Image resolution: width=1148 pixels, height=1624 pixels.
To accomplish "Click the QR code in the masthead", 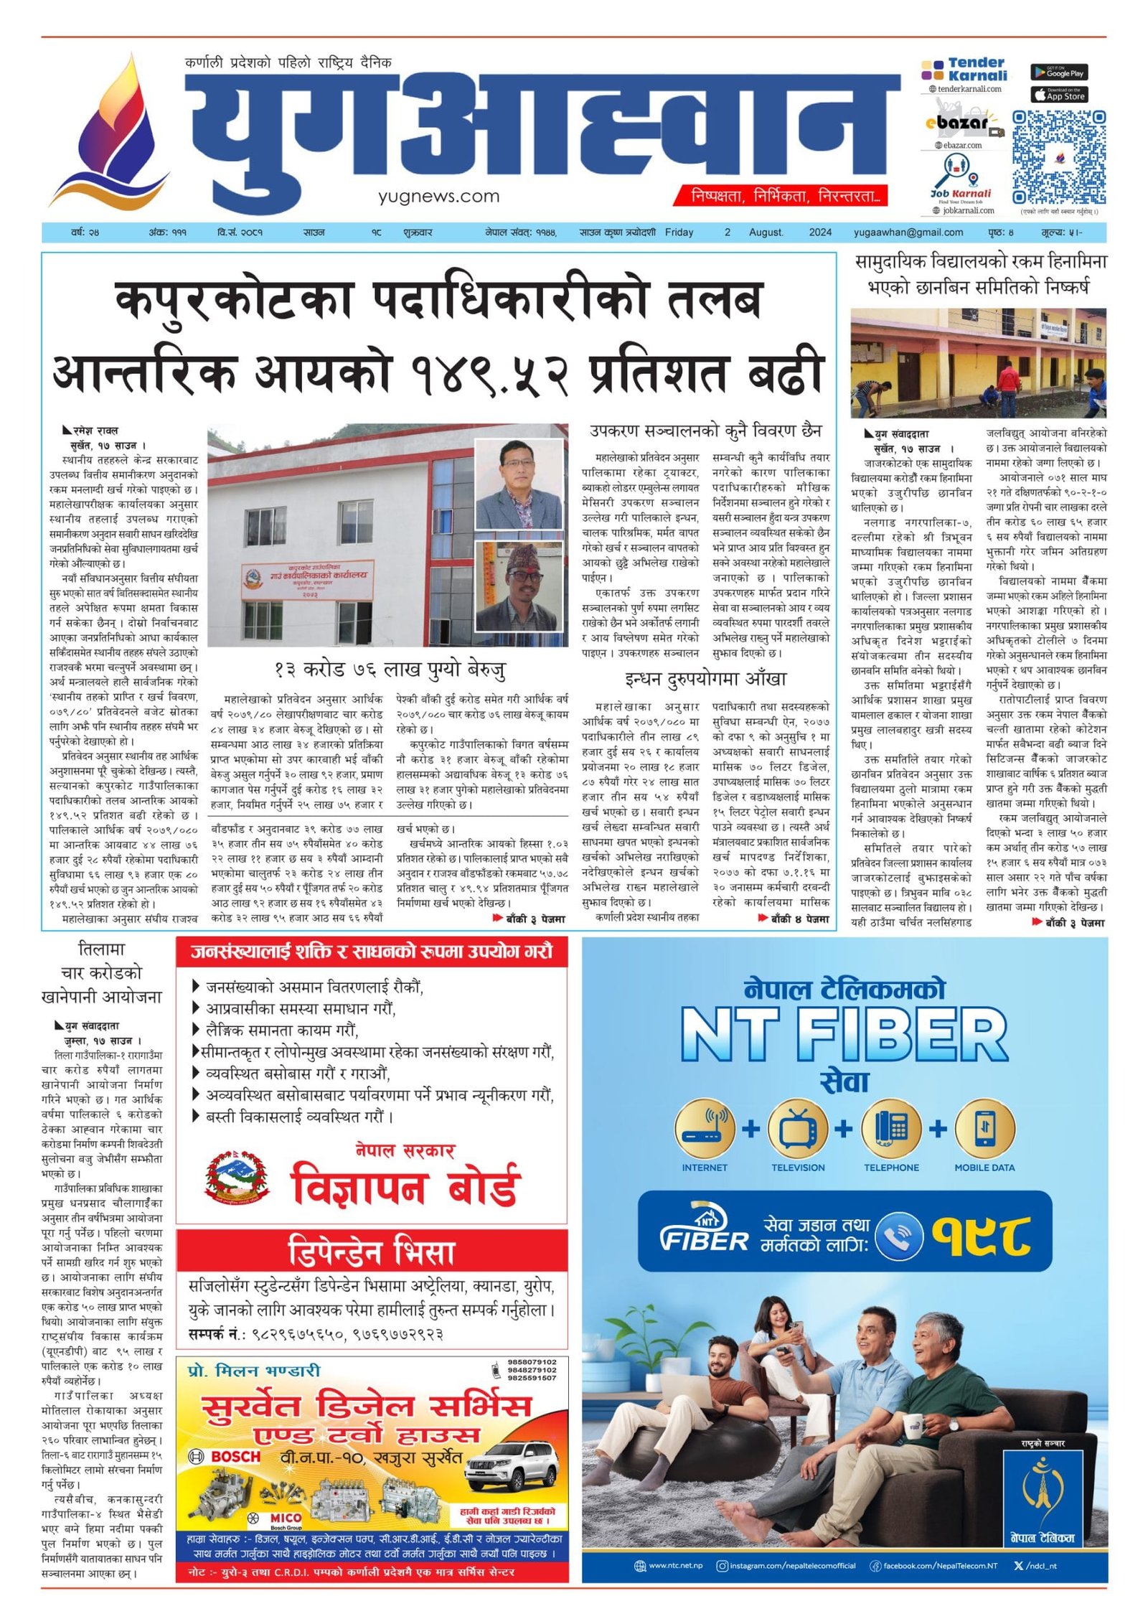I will point(1058,157).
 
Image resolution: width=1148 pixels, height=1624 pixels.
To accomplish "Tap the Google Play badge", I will point(1059,72).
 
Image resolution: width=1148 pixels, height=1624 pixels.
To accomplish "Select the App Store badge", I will point(1059,95).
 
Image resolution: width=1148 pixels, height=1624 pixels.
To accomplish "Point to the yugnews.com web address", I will point(438,196).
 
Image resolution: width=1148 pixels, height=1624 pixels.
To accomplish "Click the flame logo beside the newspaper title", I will point(111,133).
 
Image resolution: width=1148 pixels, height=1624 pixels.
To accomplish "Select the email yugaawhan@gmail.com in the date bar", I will point(908,233).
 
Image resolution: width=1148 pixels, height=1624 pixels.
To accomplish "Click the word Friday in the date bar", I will point(679,233).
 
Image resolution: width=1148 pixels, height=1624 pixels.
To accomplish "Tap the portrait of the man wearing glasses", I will point(519,484).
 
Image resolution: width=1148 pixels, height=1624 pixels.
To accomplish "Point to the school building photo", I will point(977,363).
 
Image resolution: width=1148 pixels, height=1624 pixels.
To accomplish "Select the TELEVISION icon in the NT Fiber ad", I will point(798,1129).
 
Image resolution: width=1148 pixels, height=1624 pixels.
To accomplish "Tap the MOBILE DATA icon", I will point(984,1129).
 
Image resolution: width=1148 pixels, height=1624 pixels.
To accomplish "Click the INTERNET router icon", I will point(705,1129).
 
